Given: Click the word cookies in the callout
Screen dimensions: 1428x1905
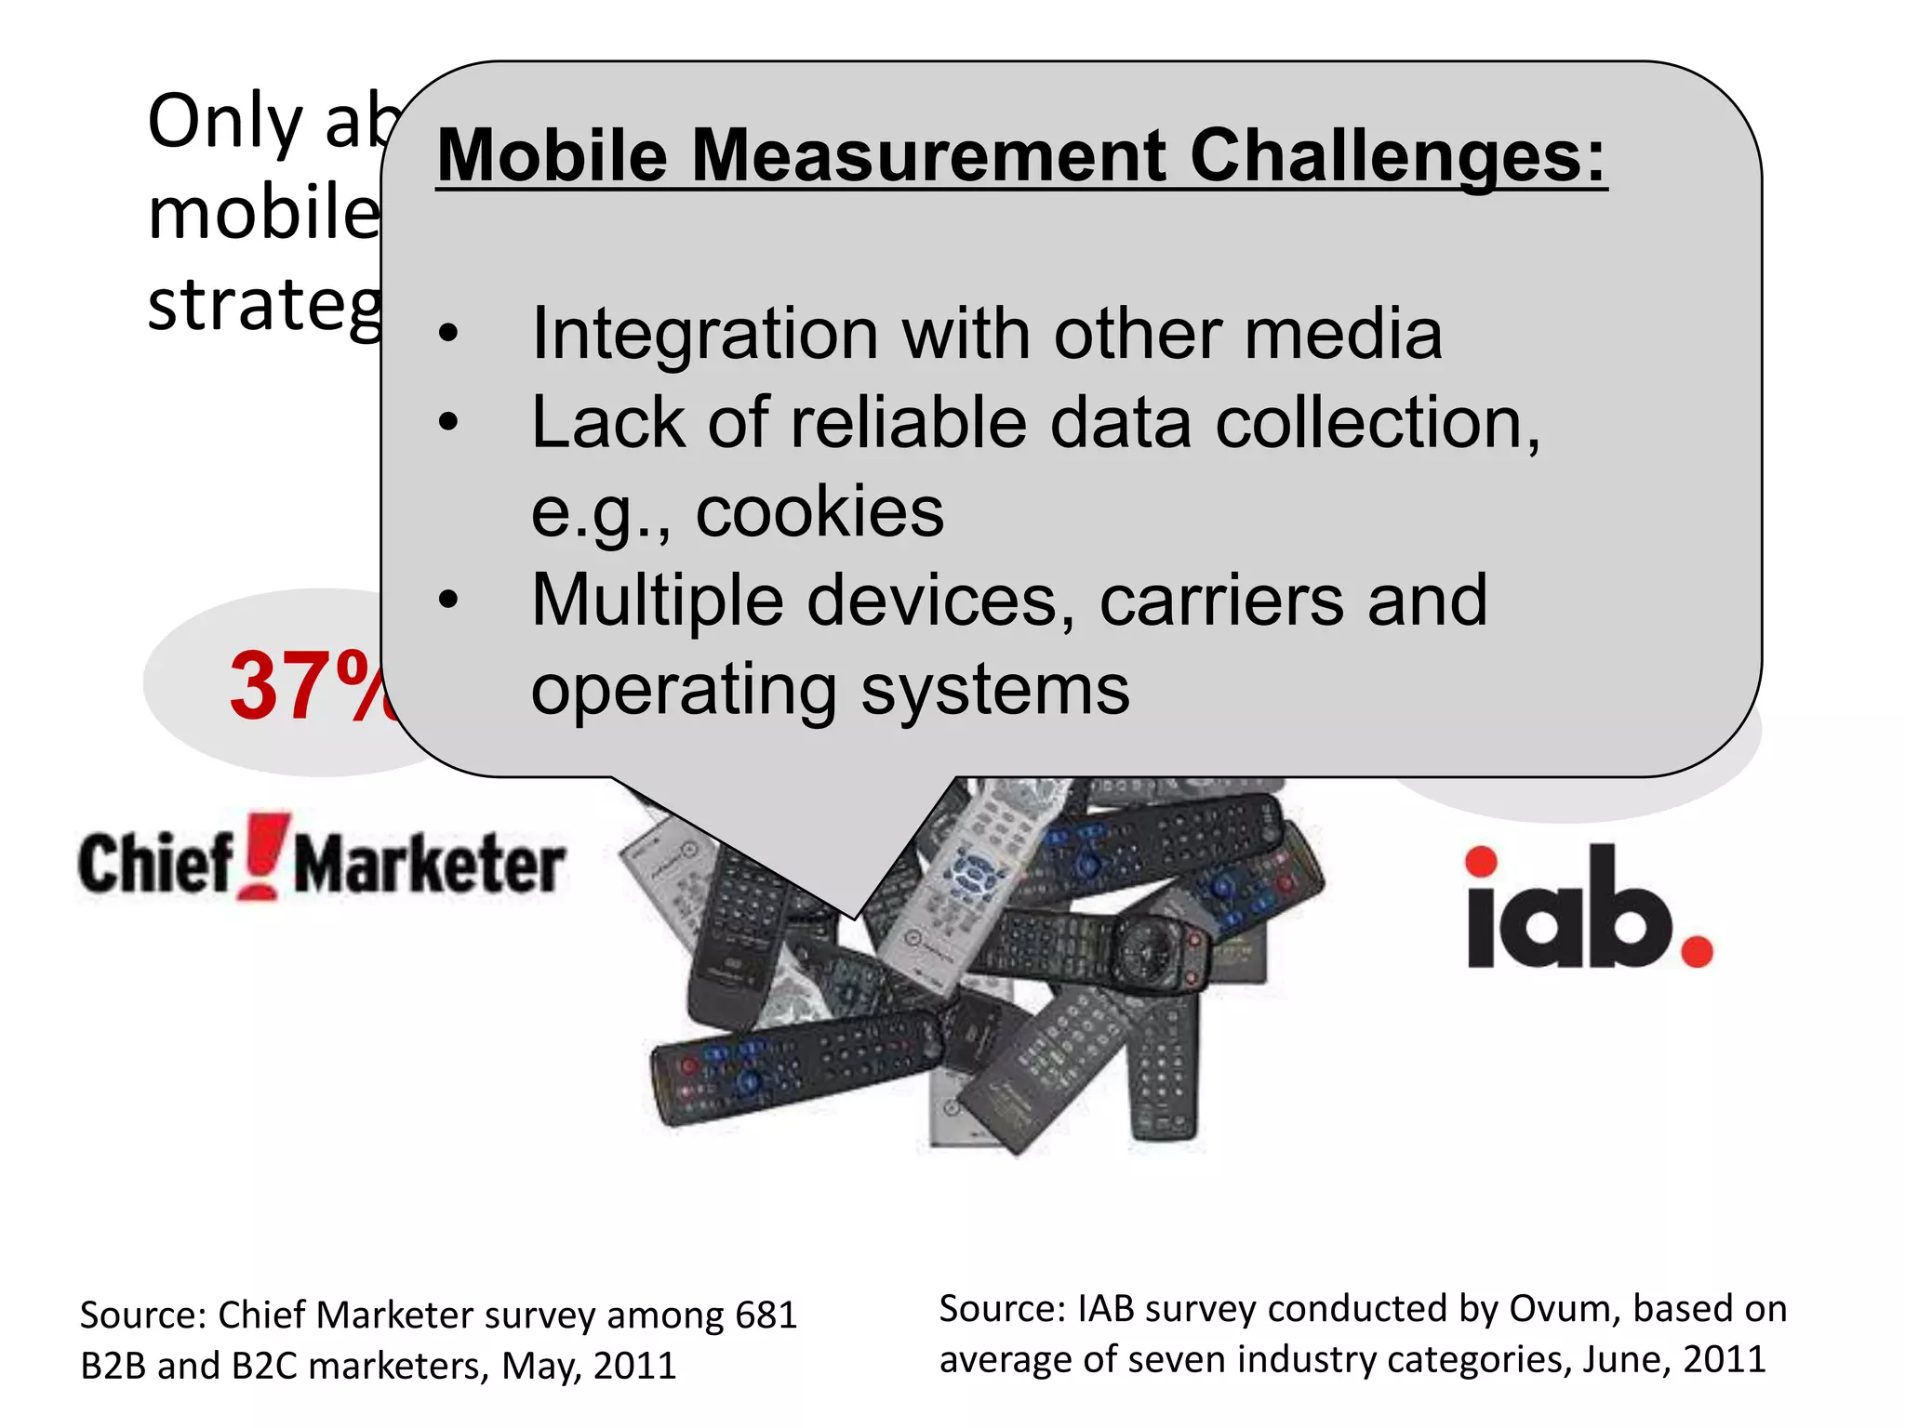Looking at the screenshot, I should (x=819, y=511).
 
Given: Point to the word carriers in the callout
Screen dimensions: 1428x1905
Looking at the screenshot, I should (x=1221, y=601).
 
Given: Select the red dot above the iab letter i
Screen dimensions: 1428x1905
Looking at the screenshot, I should (x=1481, y=862).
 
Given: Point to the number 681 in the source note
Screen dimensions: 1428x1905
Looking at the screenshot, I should (x=766, y=1315).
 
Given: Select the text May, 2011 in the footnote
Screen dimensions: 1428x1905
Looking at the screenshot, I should (x=589, y=1366).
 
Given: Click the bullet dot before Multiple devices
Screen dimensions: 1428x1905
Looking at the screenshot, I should (x=449, y=601).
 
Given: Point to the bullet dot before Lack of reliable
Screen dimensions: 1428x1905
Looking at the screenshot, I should (x=449, y=423).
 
